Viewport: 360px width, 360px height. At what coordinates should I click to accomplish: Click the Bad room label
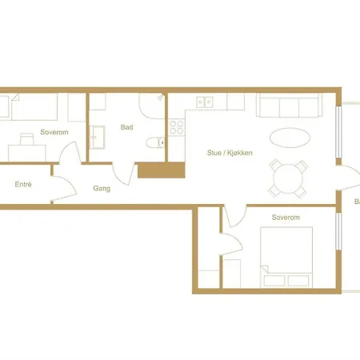pos(126,127)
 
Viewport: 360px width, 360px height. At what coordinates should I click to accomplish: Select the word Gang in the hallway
pos(102,190)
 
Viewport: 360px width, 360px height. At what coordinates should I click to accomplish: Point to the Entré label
pos(23,185)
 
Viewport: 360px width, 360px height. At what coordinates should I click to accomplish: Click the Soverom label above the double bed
pos(285,218)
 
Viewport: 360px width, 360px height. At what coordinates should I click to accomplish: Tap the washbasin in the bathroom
pos(99,138)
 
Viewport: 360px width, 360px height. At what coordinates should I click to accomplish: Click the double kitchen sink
pos(206,102)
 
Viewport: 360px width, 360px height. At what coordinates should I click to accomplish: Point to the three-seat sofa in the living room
pos(288,105)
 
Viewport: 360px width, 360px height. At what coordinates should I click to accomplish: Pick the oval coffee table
pos(288,137)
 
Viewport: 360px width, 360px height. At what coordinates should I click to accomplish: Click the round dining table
pos(287,178)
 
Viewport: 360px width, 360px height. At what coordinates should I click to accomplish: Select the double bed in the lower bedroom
pos(287,254)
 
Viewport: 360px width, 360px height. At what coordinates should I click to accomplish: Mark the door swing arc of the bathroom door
pos(122,171)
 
